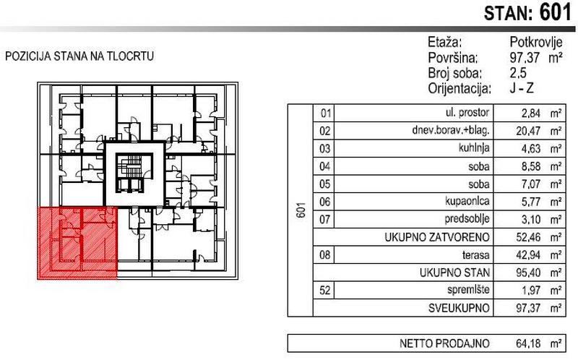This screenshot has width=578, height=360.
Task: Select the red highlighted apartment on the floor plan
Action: tap(77, 243)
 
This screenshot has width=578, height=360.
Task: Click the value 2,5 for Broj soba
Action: tap(519, 73)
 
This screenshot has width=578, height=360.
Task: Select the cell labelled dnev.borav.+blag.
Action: tap(449, 132)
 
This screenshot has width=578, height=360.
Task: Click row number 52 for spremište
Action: tap(324, 290)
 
